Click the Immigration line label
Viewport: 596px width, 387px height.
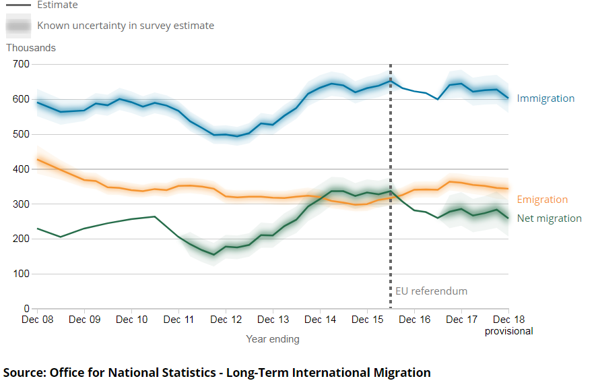[545, 98]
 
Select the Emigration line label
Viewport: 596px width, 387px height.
[542, 200]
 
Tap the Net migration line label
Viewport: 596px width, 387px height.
[549, 218]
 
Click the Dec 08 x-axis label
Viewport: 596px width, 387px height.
[37, 319]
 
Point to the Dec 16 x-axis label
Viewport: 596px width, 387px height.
[414, 319]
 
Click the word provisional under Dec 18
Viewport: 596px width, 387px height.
[509, 331]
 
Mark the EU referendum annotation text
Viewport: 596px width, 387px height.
[431, 291]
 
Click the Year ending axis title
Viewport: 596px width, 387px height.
[273, 339]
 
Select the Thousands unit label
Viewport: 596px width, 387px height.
[31, 48]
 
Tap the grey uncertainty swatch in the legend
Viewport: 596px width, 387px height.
[18, 26]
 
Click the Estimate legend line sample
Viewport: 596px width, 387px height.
[18, 5]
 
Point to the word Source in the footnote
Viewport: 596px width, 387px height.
[24, 372]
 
